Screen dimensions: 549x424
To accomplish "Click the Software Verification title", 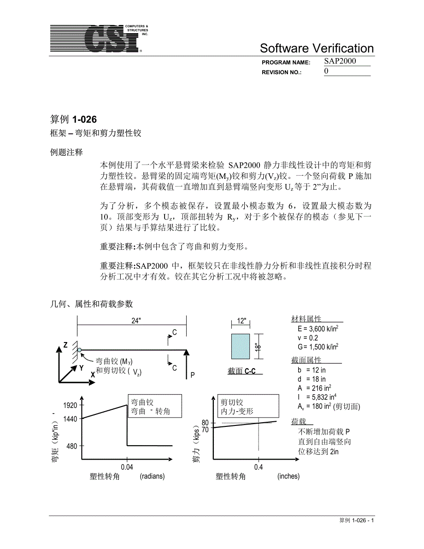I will point(317,48).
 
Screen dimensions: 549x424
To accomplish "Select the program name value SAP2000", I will point(340,61).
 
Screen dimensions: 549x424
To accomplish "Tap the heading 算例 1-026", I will point(73,119).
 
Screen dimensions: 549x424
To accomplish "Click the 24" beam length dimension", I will point(135,321).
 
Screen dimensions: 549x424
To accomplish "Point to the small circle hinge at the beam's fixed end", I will point(79,350).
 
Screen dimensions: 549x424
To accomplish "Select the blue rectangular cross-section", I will point(241,346).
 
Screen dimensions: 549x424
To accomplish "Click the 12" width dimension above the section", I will point(241,321).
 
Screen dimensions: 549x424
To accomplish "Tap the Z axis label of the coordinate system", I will point(65,345).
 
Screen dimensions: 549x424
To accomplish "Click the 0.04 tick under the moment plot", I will point(127,467).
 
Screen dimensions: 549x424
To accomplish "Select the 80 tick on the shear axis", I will point(205,423).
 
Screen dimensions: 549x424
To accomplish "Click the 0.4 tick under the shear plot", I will point(258,467).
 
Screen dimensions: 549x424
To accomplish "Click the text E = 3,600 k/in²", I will point(318,329).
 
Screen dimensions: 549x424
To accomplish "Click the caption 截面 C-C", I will point(241,371).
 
